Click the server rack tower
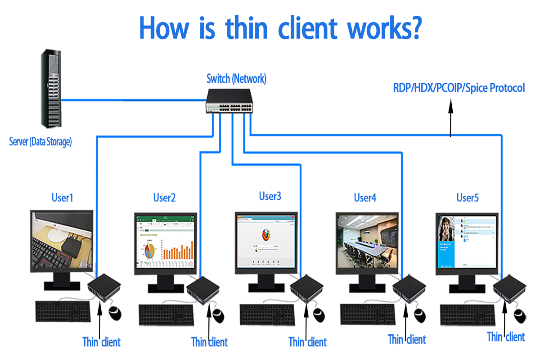click(x=51, y=88)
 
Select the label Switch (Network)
click(x=236, y=79)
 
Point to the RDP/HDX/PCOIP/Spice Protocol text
click(x=459, y=88)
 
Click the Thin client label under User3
click(x=307, y=342)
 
